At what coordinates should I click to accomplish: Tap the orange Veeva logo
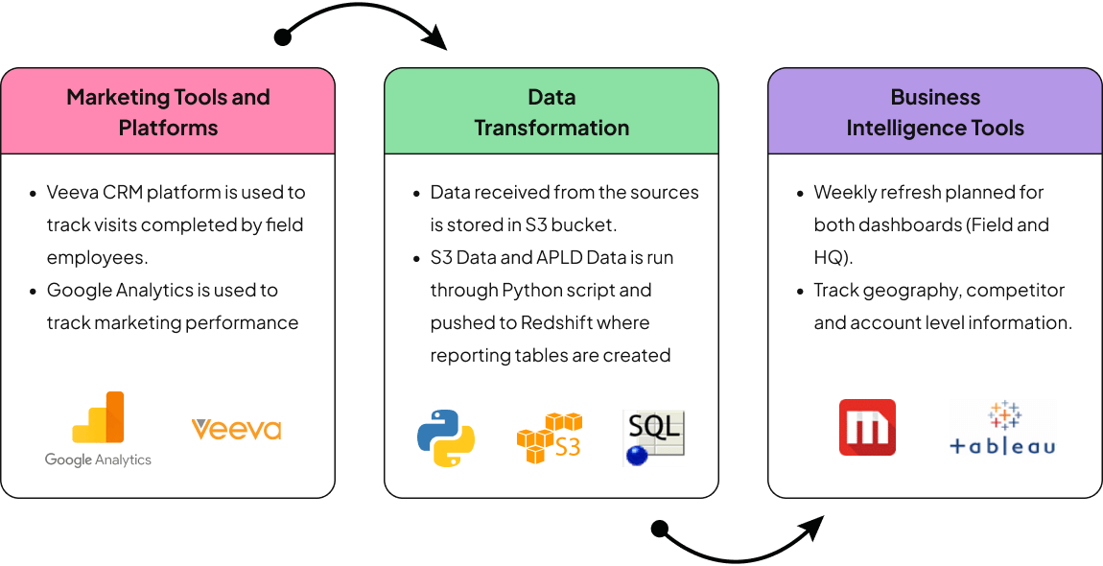[x=236, y=428]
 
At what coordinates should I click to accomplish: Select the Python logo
[x=446, y=437]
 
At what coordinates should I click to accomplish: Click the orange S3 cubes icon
[x=550, y=437]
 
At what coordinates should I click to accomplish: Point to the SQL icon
[x=653, y=437]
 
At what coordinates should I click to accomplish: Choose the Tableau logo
[x=1001, y=428]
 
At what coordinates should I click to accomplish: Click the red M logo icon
[x=867, y=427]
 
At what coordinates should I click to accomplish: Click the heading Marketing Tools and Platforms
[x=168, y=112]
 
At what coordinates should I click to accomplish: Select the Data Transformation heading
[x=551, y=112]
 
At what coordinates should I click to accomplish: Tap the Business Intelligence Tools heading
[x=935, y=112]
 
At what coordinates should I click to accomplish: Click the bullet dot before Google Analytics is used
[x=33, y=291]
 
